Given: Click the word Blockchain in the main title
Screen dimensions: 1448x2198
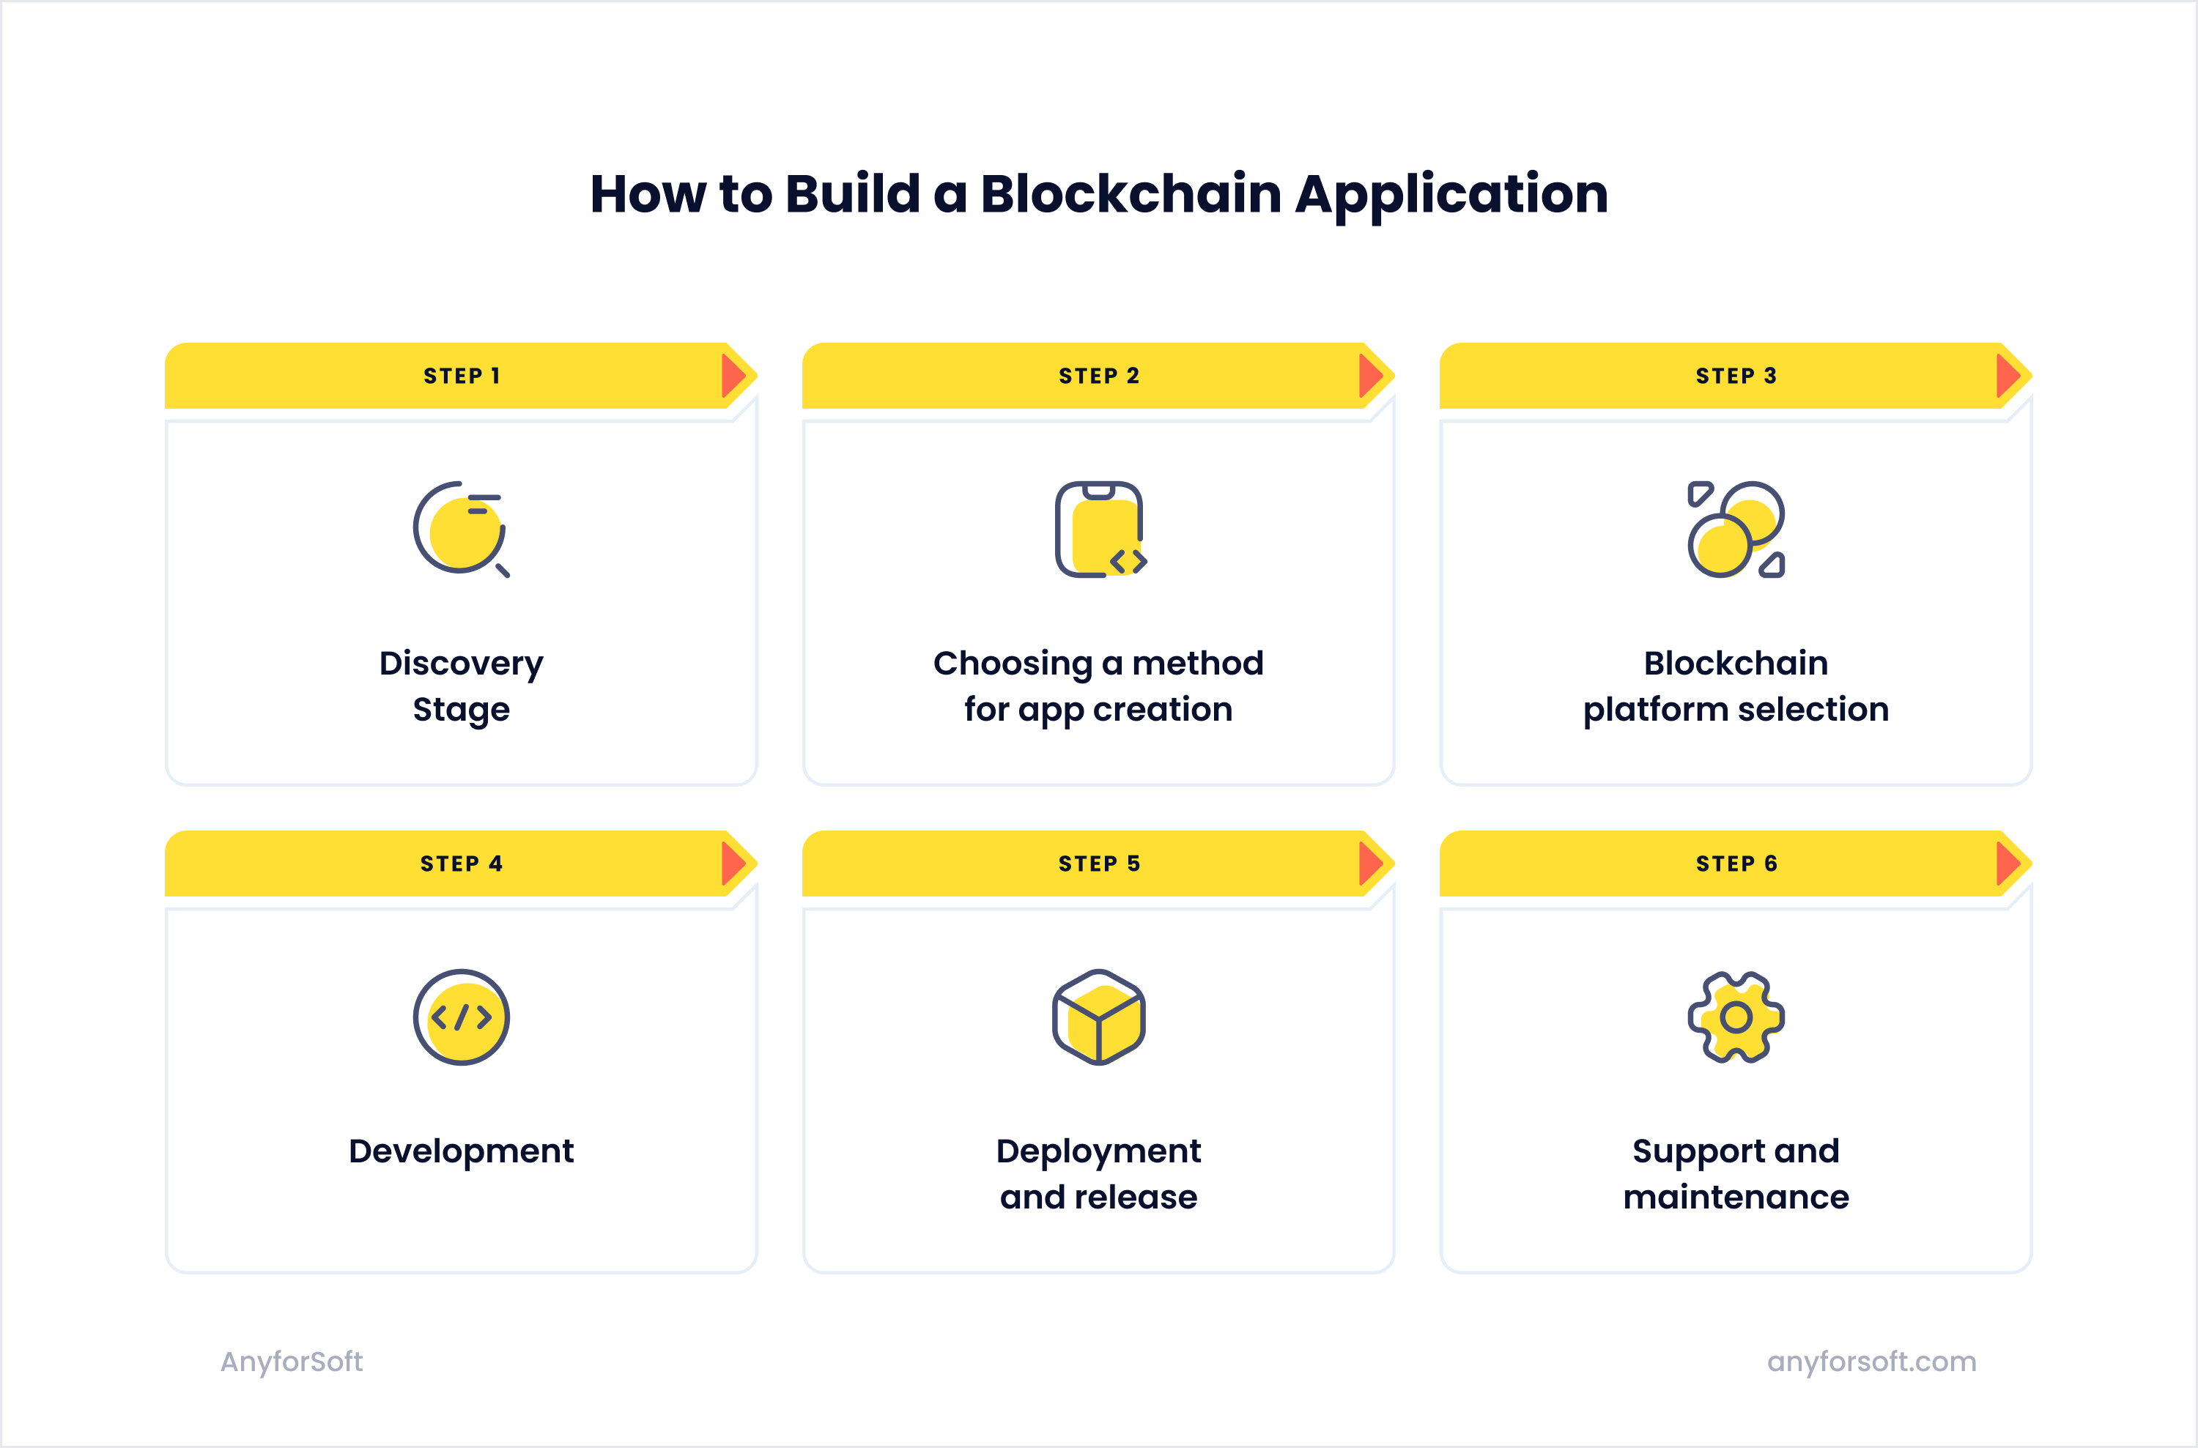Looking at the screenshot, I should pos(1131,194).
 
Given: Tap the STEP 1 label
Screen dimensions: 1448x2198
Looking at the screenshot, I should pos(462,376).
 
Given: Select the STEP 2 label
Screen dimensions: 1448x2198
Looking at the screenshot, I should pos(1099,376).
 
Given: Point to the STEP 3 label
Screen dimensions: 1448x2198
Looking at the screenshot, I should pos(1736,376).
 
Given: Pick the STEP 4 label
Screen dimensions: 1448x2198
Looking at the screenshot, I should pos(462,864).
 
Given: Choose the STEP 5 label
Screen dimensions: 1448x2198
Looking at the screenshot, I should pos(1099,864).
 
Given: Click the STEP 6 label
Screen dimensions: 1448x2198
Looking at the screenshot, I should pos(1736,864).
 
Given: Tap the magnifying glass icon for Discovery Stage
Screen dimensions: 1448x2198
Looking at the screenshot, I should pos(461,529).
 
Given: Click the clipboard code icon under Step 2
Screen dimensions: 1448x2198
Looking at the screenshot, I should pos(1099,529).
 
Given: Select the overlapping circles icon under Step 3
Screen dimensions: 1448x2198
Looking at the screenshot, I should pos(1736,529).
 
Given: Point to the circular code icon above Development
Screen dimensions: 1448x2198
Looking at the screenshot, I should pos(461,1017).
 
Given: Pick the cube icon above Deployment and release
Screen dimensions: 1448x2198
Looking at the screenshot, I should pos(1099,1017).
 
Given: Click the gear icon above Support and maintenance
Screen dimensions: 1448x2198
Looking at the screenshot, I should pos(1736,1017).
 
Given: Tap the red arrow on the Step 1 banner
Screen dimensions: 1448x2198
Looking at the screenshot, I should pos(733,376).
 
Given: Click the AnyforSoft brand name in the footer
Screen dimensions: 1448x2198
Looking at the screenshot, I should pos(292,1361).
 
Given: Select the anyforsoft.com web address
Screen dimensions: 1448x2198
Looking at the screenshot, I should pos(1871,1361).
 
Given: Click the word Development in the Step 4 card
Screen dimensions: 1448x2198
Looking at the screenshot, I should pos(461,1151).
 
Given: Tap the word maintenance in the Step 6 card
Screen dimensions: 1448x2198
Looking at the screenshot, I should pos(1736,1198).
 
